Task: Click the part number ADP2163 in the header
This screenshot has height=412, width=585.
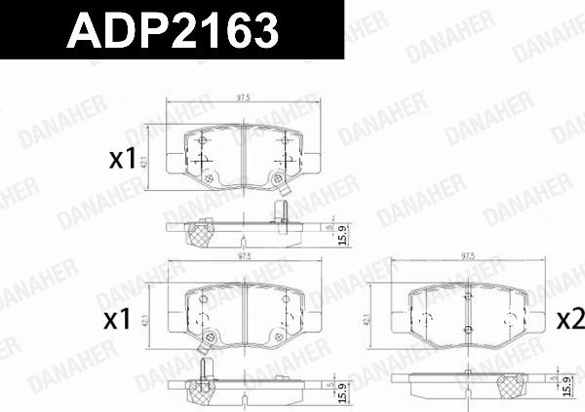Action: point(172,33)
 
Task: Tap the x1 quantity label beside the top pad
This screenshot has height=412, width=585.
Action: point(122,160)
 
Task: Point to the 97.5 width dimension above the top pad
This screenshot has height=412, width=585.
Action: point(244,98)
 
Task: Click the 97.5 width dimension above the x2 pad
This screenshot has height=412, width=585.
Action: point(468,257)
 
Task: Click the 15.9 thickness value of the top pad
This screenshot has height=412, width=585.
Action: point(341,234)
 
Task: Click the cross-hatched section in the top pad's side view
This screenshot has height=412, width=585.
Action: point(202,234)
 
